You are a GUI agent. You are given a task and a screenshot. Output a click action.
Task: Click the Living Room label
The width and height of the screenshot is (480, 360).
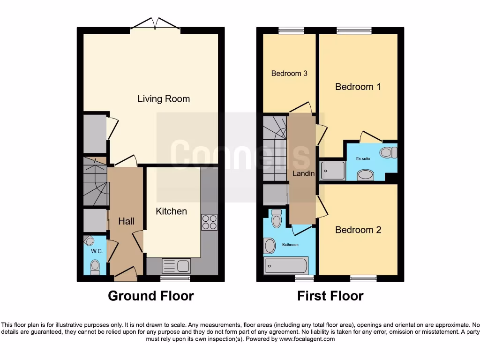pyautogui.click(x=164, y=99)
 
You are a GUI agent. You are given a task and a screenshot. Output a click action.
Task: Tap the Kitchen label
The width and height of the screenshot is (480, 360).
pyautogui.click(x=171, y=211)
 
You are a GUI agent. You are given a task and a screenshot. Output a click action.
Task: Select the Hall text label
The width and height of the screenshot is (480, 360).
pyautogui.click(x=126, y=221)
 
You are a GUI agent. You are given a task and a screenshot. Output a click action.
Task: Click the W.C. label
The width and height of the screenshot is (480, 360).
pyautogui.click(x=97, y=251)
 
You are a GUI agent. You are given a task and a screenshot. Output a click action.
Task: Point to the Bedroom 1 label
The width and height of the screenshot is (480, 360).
pyautogui.click(x=358, y=87)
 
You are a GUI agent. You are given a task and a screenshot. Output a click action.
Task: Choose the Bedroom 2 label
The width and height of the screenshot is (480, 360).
pyautogui.click(x=358, y=230)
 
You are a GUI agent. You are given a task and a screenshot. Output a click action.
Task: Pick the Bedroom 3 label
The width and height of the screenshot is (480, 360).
pyautogui.click(x=289, y=74)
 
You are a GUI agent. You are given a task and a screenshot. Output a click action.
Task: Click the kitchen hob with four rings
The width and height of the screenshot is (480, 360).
pyautogui.click(x=209, y=222)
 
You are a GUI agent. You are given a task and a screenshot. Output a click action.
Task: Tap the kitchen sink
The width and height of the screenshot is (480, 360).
pyautogui.click(x=176, y=266)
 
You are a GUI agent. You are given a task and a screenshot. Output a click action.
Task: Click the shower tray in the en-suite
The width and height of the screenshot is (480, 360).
pyautogui.click(x=333, y=171)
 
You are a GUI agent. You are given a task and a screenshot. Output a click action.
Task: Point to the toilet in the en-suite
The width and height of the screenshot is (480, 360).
pyautogui.click(x=388, y=152)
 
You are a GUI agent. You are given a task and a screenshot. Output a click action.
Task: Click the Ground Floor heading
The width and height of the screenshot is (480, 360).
pyautogui.click(x=150, y=296)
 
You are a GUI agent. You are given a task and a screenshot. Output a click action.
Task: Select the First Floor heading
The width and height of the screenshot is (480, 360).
pyautogui.click(x=330, y=296)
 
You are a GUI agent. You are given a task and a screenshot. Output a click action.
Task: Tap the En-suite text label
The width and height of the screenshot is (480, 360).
pyautogui.click(x=362, y=159)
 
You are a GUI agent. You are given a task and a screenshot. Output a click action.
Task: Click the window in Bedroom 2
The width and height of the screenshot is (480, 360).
pyautogui.click(x=363, y=278)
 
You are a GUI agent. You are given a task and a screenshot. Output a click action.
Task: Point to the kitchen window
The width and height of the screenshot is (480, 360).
pyautogui.click(x=175, y=278)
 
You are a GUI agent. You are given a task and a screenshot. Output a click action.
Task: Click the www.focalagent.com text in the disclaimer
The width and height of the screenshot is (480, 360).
pyautogui.click(x=307, y=339)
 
